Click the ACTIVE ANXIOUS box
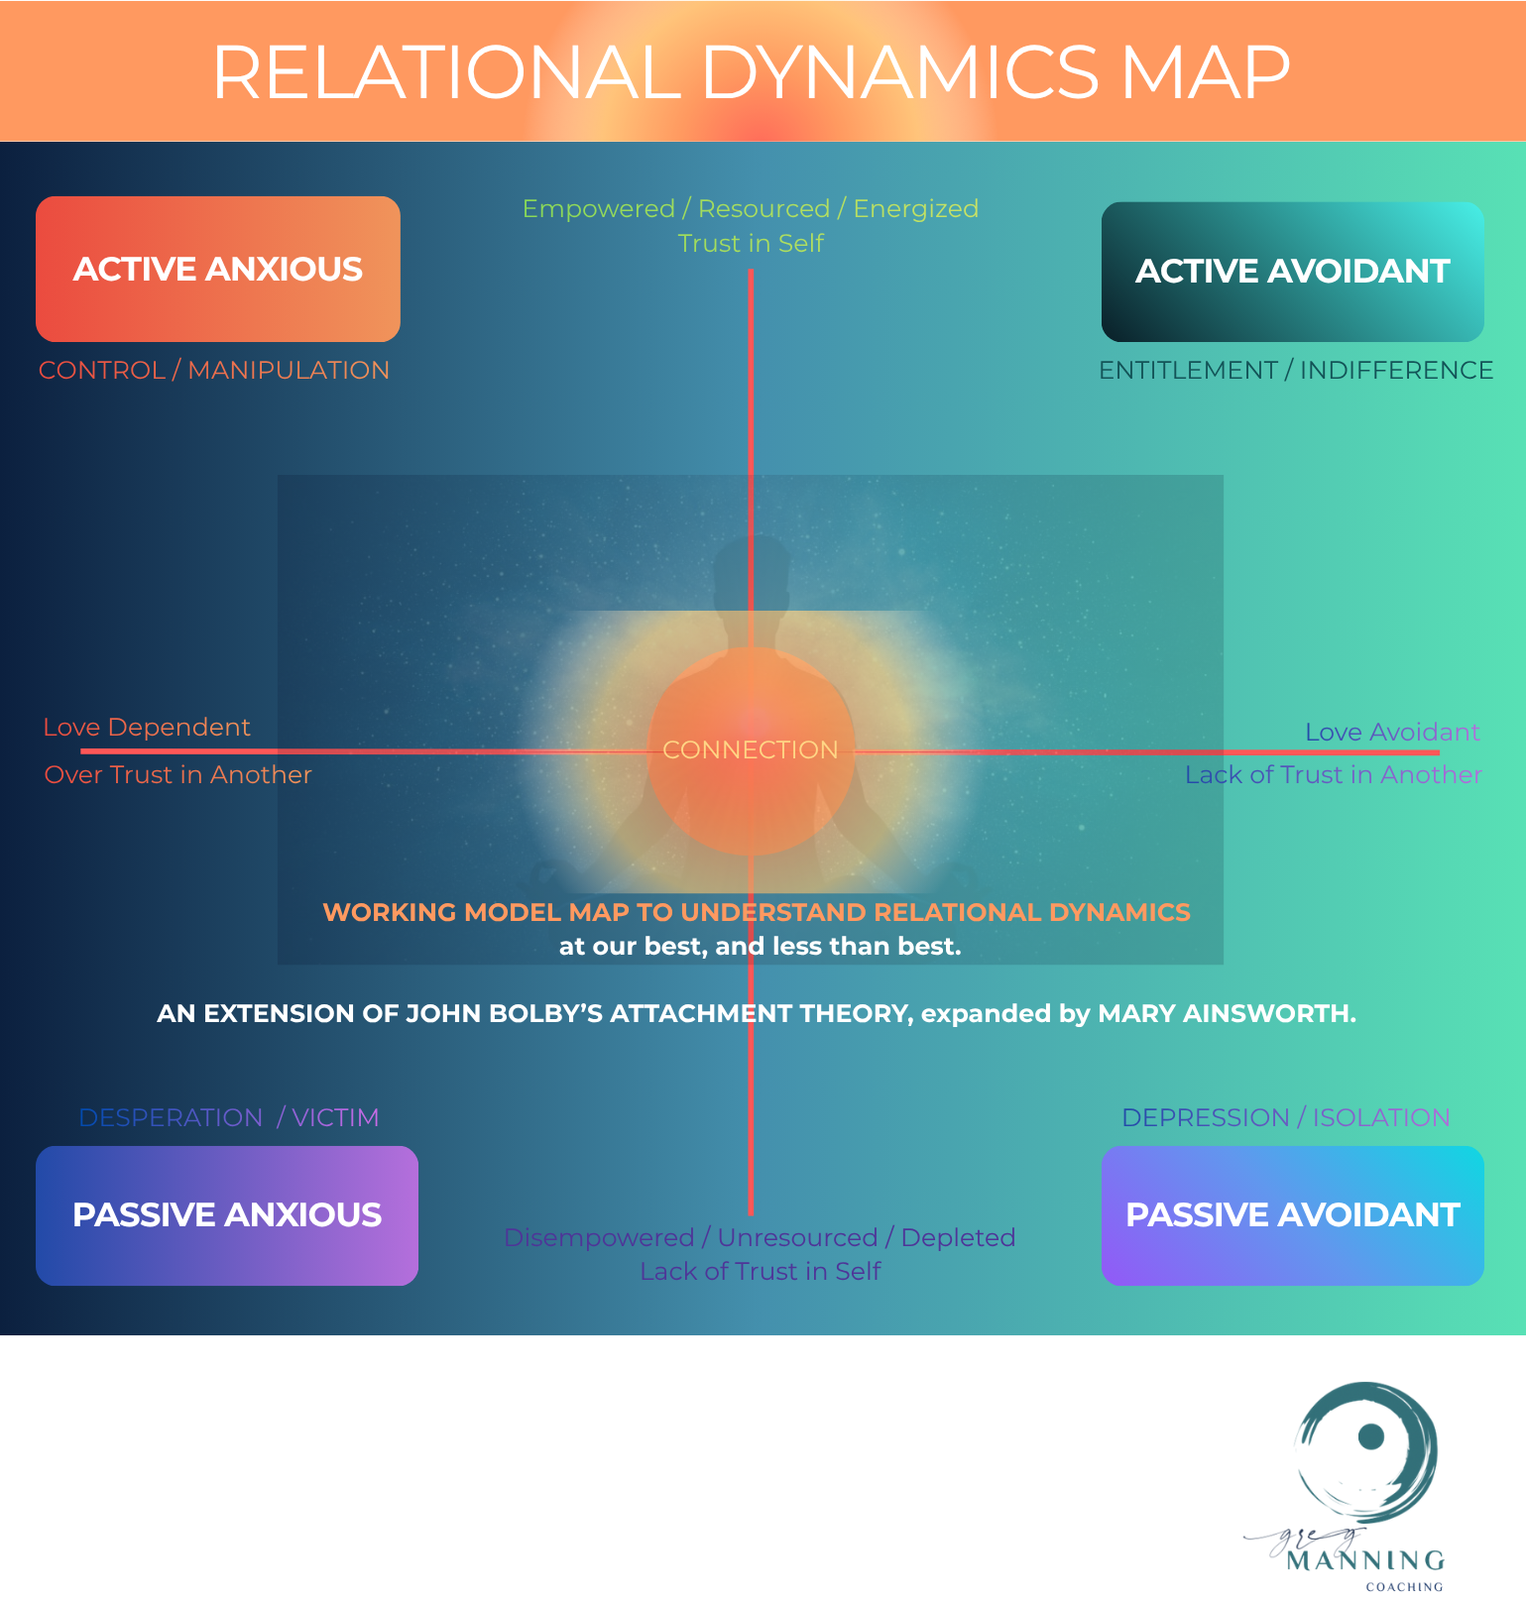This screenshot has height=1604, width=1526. [218, 269]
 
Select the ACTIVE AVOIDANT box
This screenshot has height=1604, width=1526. [1292, 271]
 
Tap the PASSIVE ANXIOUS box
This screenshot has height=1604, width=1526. [226, 1214]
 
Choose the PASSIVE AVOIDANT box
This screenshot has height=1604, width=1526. [1292, 1214]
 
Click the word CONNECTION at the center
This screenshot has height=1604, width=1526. [751, 749]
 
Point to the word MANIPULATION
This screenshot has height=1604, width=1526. [289, 370]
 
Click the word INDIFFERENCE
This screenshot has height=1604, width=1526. [1396, 370]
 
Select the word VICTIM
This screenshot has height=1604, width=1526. [335, 1117]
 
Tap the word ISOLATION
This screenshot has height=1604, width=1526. [1381, 1117]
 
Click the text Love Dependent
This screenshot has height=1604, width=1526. [147, 727]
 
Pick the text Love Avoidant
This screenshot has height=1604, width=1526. [1392, 732]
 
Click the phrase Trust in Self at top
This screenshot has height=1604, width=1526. [751, 243]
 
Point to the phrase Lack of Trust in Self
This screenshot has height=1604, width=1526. [761, 1271]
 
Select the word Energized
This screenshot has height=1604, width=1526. [915, 208]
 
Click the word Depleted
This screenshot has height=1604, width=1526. [958, 1237]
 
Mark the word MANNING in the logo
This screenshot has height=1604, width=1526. [1365, 1560]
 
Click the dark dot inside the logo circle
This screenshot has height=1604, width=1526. [1371, 1435]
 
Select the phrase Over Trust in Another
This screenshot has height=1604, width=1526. [178, 774]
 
